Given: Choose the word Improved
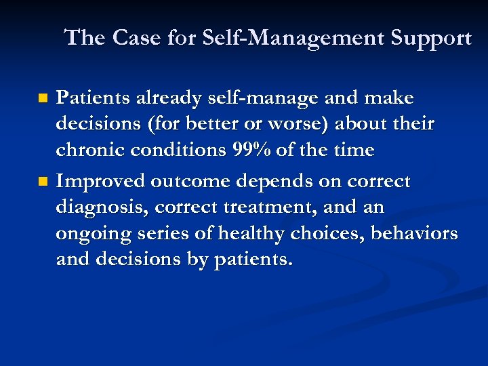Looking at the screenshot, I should [x=100, y=182].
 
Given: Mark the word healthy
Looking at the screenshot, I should [x=252, y=234].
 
